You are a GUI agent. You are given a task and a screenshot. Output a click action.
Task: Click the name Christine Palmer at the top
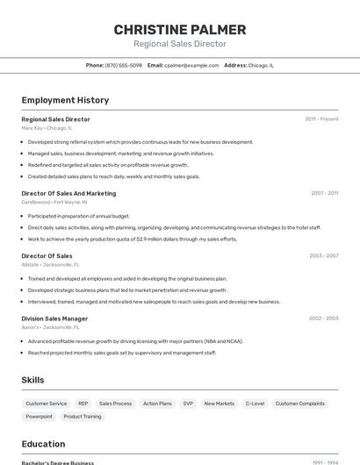click(180, 30)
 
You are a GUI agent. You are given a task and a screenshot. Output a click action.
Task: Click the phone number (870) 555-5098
click(124, 65)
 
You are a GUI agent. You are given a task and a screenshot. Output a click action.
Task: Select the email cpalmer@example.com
click(192, 65)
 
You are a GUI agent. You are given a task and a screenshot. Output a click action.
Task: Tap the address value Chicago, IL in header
click(261, 65)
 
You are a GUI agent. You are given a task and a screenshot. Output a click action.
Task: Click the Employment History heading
click(65, 100)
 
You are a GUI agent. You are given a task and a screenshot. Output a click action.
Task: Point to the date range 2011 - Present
click(321, 119)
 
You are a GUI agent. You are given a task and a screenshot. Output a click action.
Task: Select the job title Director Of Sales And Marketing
click(68, 193)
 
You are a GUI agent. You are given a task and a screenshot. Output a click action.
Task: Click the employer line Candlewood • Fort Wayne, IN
click(54, 202)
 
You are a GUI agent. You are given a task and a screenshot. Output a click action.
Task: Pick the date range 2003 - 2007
click(323, 256)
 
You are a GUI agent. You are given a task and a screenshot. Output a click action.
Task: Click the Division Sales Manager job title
click(54, 318)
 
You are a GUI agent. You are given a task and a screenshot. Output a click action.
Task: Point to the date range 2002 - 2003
click(323, 318)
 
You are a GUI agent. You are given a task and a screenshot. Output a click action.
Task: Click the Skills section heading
click(33, 380)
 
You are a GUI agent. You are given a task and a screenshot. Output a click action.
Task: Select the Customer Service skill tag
click(46, 404)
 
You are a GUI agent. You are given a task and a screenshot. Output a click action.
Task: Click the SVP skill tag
click(188, 404)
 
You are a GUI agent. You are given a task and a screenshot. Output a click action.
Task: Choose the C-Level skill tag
click(255, 404)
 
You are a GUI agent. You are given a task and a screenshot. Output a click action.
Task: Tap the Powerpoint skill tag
click(39, 417)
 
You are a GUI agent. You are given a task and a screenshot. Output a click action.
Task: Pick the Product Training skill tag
click(83, 417)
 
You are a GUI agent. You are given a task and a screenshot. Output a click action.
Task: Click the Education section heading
click(43, 444)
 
